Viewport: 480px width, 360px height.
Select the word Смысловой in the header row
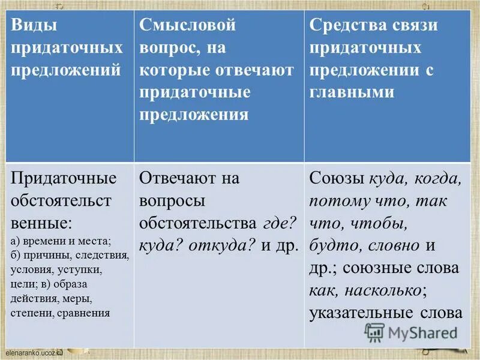pyautogui.click(x=188, y=26)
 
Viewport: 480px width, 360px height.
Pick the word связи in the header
pyautogui.click(x=416, y=26)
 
